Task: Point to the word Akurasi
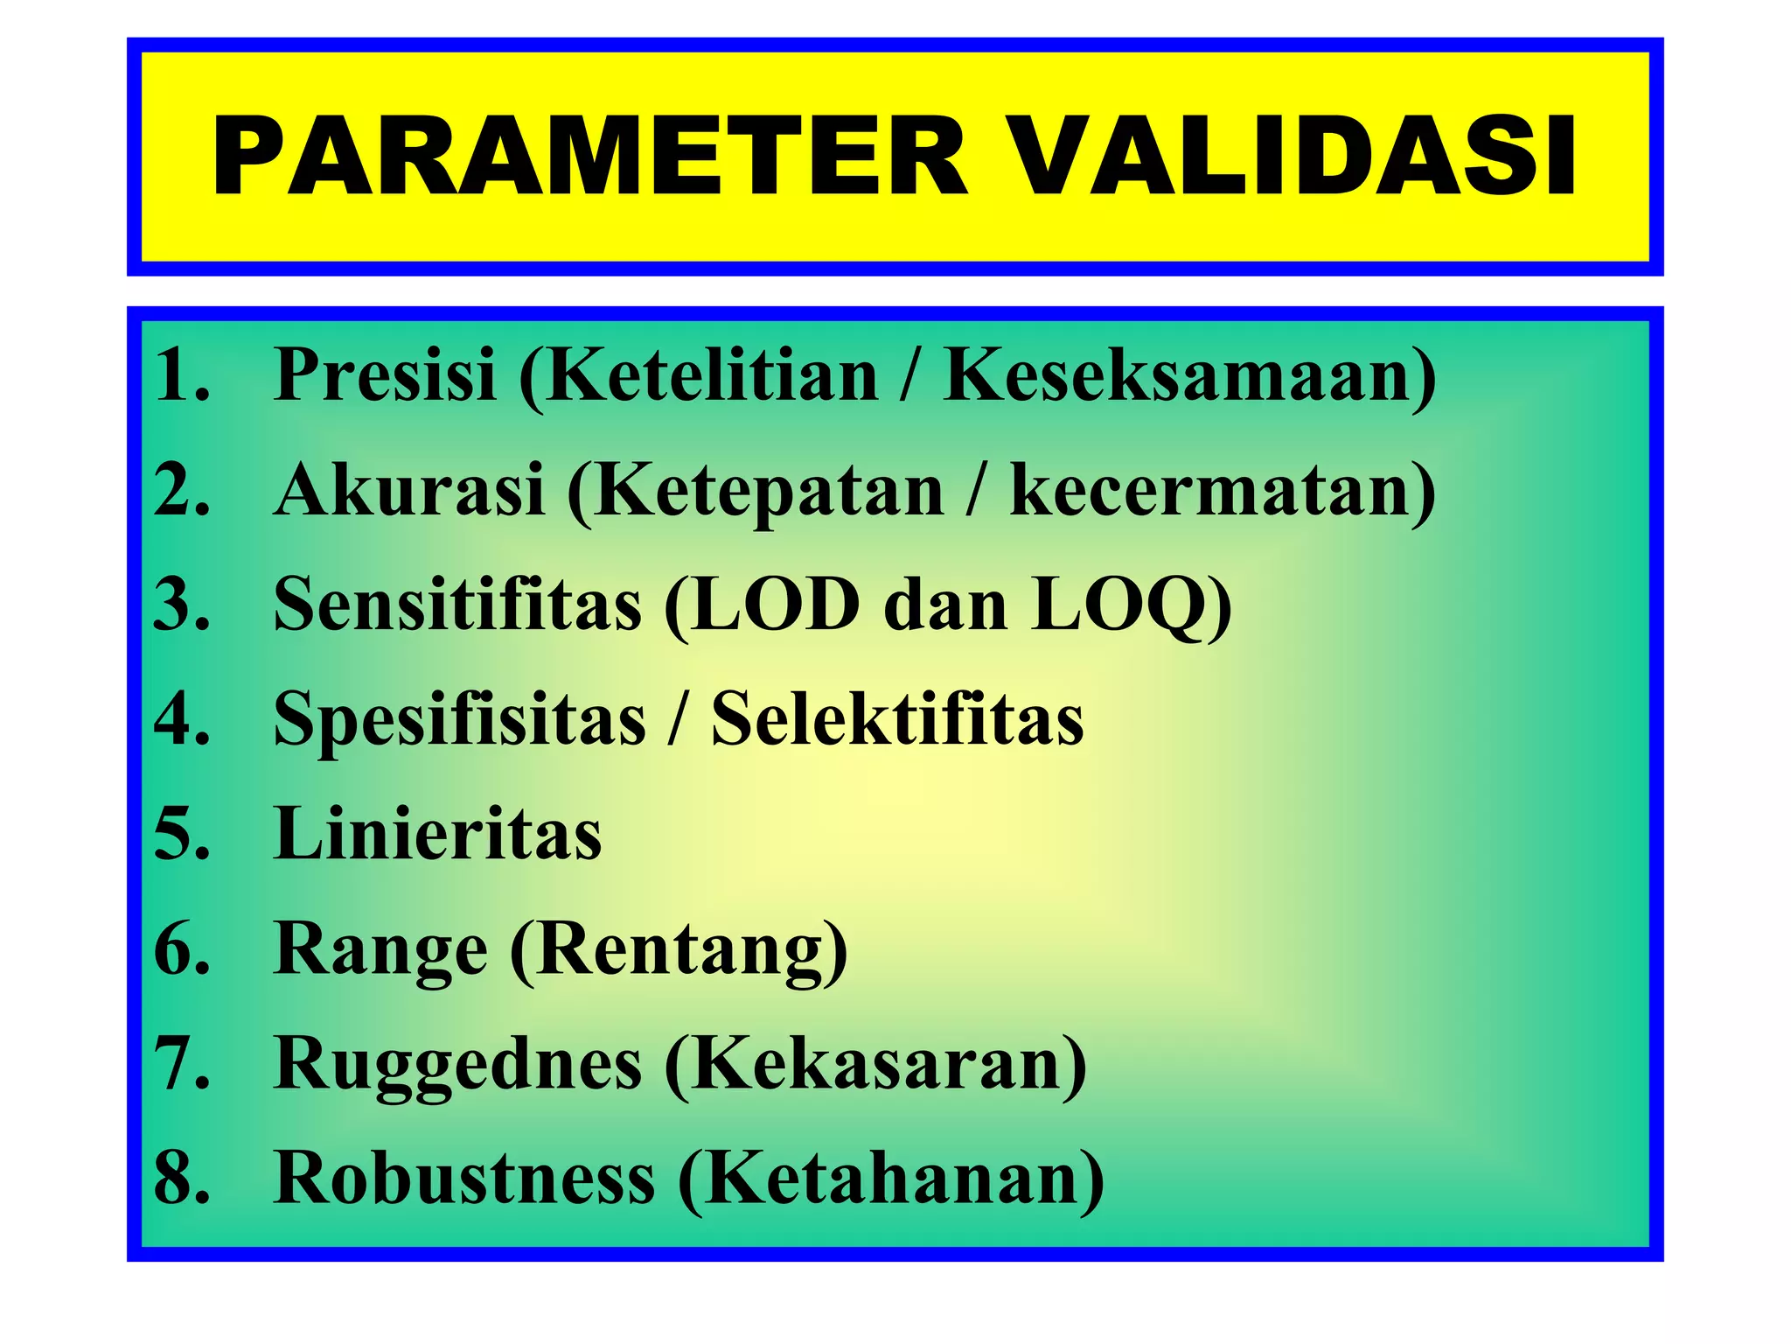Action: point(409,490)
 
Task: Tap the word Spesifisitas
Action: point(459,719)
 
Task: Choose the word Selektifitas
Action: point(897,719)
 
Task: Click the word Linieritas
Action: point(437,833)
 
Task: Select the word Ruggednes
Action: point(457,1063)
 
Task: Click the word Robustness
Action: point(463,1178)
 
